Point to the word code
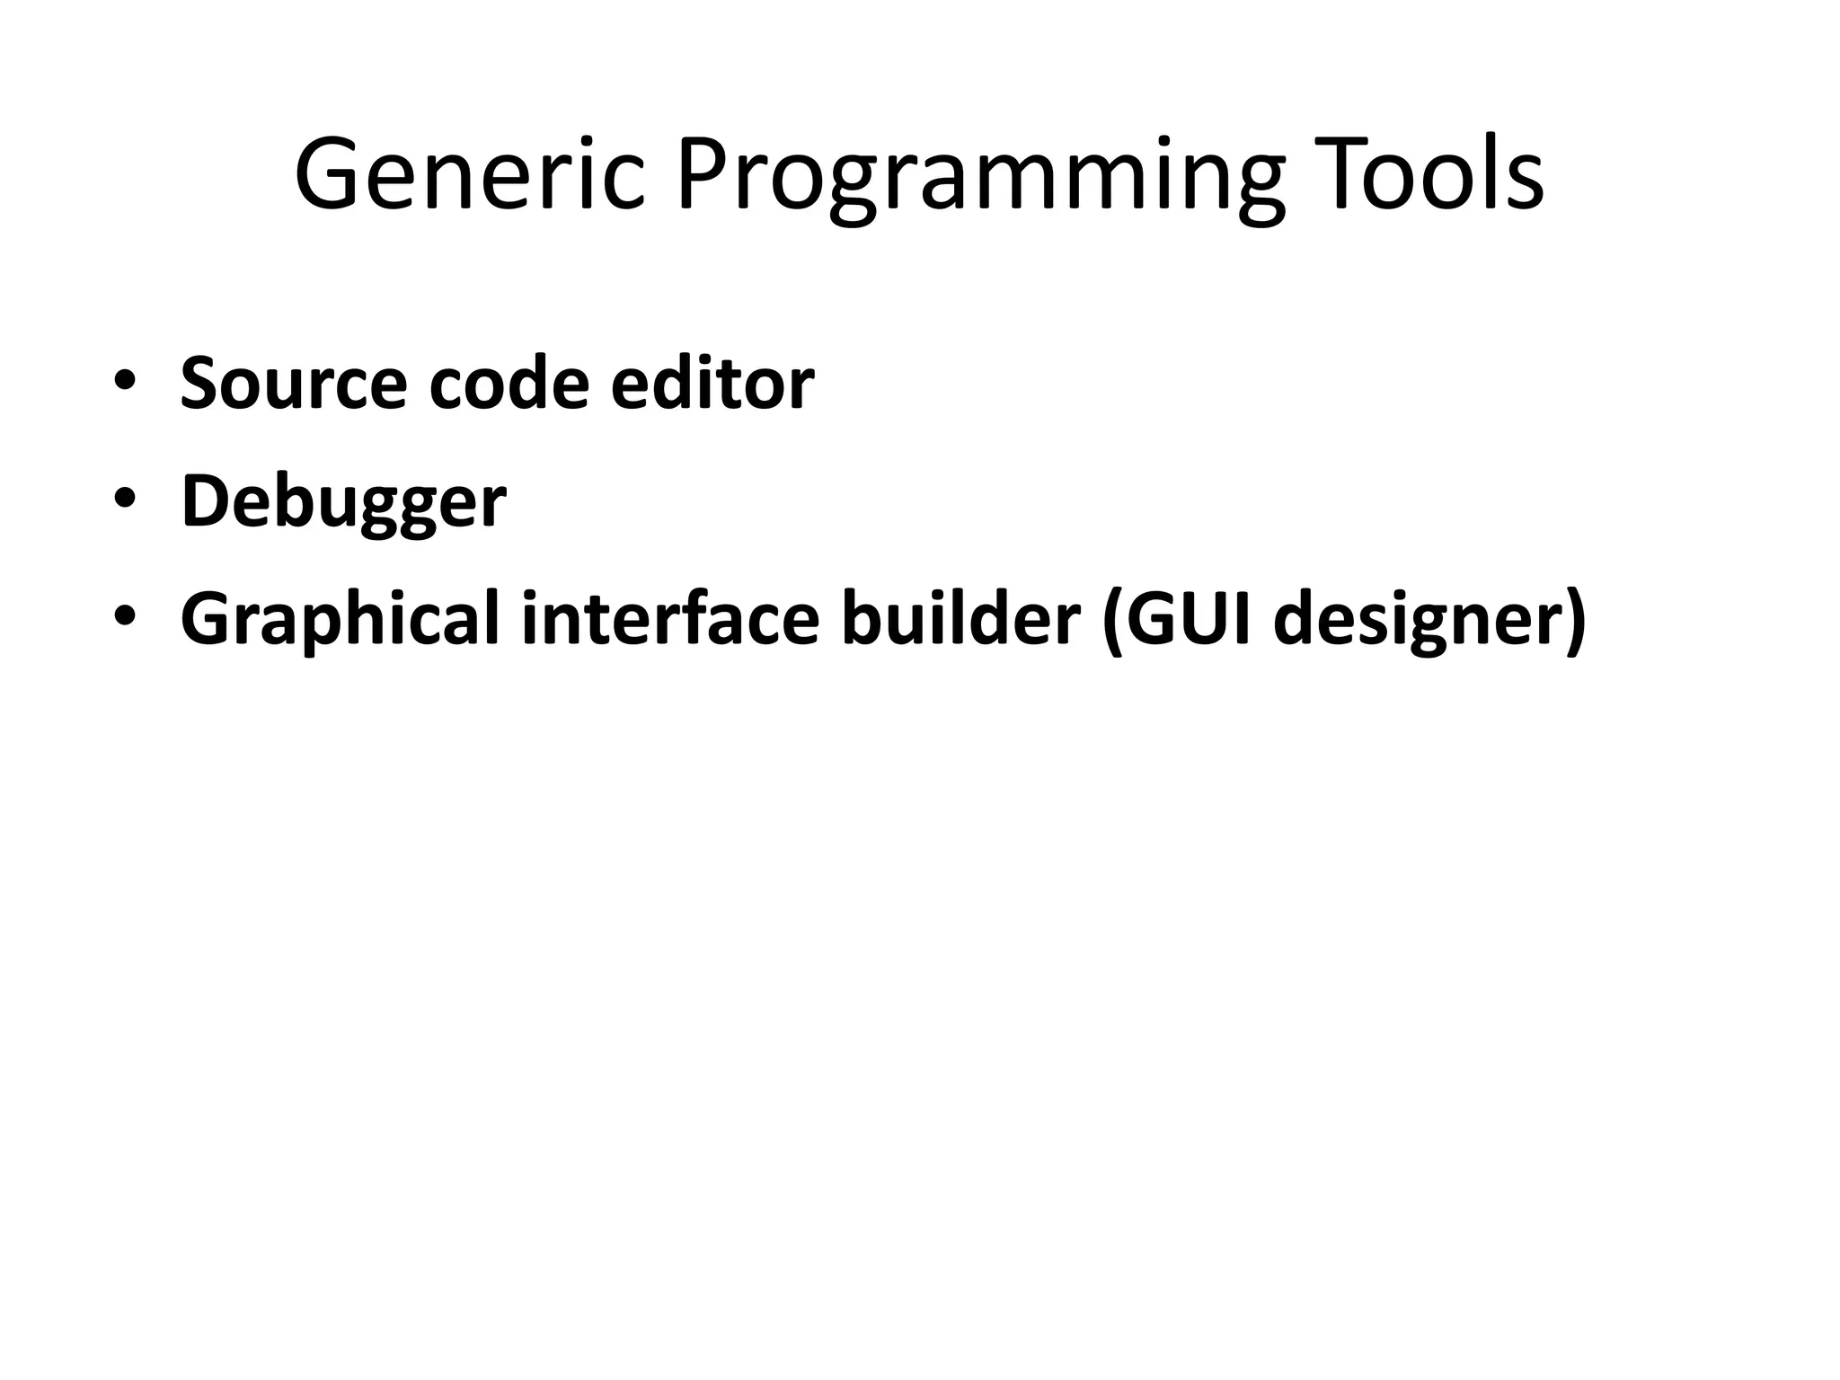pyautogui.click(x=509, y=383)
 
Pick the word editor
pyautogui.click(x=712, y=383)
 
